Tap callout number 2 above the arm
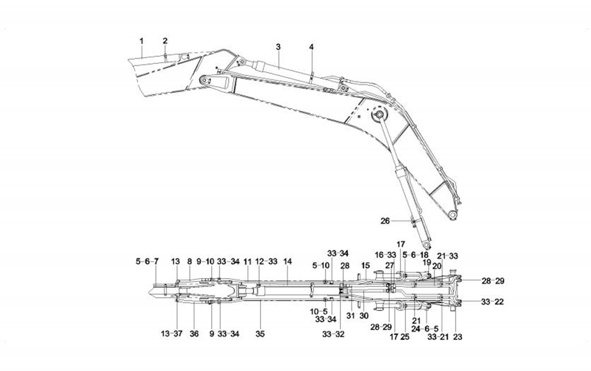[165, 41]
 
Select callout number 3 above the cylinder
[278, 47]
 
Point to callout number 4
[311, 47]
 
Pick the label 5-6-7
[147, 261]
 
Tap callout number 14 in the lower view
[288, 261]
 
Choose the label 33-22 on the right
[492, 302]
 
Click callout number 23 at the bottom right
[458, 337]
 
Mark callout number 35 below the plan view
[260, 334]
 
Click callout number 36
[194, 334]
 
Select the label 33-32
[333, 334]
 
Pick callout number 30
[363, 315]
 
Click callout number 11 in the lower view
[247, 261]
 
